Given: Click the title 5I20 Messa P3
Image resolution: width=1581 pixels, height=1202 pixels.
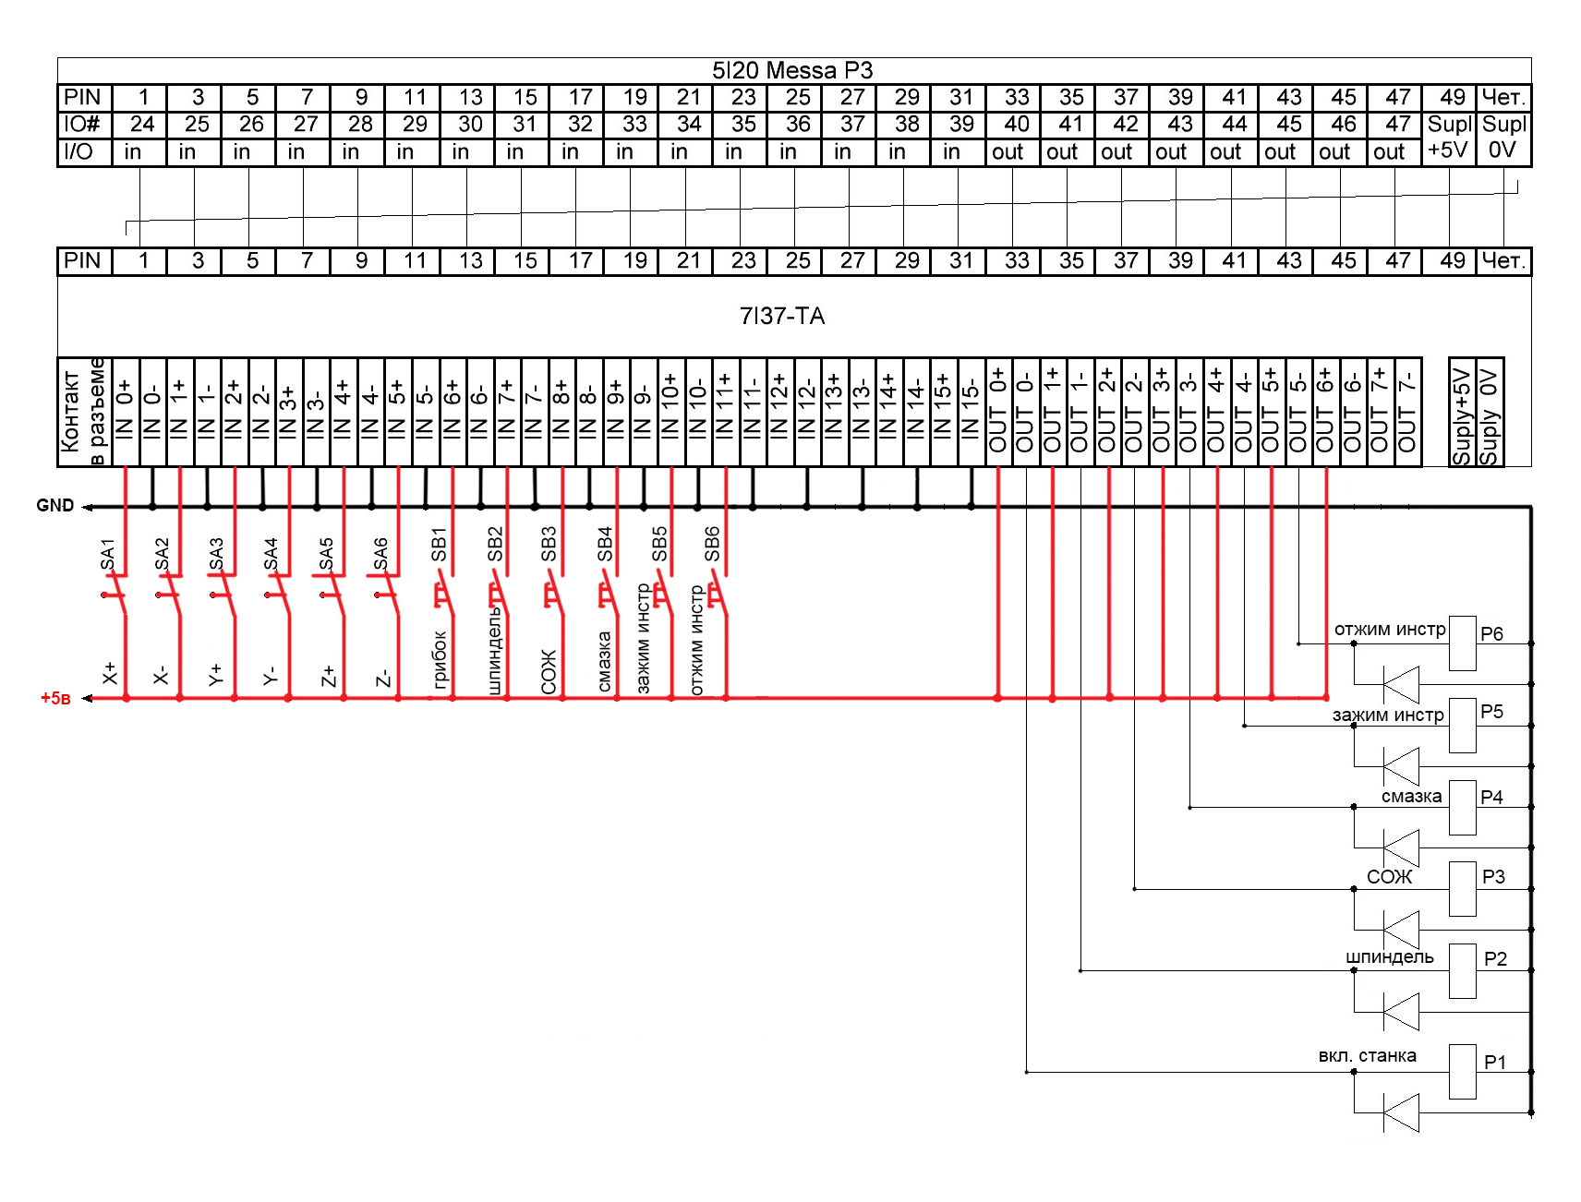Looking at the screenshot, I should [x=791, y=70].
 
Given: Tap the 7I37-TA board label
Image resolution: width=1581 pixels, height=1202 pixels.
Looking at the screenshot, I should [x=781, y=317].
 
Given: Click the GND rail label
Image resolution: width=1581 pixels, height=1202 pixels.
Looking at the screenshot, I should [x=54, y=506].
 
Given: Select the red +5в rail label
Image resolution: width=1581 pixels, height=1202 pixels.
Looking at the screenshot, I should [x=55, y=699].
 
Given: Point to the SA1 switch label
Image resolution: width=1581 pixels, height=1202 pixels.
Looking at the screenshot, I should [x=107, y=555].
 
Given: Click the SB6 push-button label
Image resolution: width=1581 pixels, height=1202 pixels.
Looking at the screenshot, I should [x=712, y=545].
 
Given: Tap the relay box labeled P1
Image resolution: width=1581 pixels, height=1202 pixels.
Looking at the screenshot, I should [x=1462, y=1072].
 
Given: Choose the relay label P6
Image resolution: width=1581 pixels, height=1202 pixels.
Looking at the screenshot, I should [x=1491, y=634].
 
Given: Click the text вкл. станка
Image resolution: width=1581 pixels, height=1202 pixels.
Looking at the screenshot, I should [x=1367, y=1055].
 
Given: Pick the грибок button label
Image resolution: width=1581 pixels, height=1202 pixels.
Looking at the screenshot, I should [x=440, y=659].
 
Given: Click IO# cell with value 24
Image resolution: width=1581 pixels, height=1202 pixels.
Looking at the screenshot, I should [x=142, y=125].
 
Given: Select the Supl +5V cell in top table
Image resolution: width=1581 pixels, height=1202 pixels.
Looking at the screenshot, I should [x=1449, y=137].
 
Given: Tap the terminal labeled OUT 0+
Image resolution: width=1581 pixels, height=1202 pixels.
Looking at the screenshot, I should [x=998, y=411].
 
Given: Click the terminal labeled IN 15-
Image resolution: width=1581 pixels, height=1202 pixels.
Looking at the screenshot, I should [x=970, y=411].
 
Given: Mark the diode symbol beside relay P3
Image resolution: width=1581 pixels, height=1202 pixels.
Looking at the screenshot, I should [x=1401, y=929].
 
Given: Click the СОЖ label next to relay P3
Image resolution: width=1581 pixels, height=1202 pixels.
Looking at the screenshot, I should [x=1389, y=876].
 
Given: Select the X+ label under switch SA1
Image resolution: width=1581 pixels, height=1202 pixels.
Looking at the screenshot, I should [x=110, y=673].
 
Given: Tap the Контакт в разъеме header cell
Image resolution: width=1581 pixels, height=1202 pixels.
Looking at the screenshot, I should [x=84, y=411].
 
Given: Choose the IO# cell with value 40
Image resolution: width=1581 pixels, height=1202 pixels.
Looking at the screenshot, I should [x=1016, y=125].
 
